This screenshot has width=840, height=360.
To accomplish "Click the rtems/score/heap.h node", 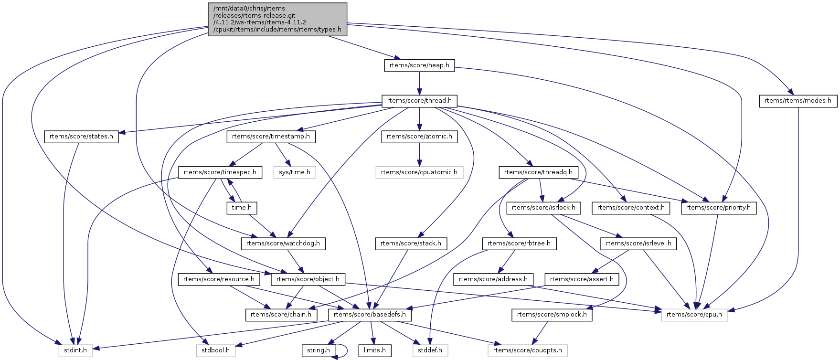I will [x=419, y=65].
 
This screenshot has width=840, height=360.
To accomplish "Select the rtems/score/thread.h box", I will [x=419, y=101].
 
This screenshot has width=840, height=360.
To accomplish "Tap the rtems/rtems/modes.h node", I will [x=797, y=101].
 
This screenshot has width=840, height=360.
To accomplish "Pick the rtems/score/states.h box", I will [x=81, y=137].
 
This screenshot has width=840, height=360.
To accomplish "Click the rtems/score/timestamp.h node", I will [x=271, y=137].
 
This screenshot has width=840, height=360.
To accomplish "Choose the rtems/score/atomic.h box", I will [x=419, y=137].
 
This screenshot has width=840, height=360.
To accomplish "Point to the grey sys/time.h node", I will [x=295, y=172].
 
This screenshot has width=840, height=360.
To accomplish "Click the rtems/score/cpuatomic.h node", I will [x=419, y=172].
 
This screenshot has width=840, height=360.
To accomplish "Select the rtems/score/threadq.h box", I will [x=538, y=172].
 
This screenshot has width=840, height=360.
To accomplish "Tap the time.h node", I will [x=242, y=208].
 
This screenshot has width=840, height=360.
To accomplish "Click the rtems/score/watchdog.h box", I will [x=283, y=244].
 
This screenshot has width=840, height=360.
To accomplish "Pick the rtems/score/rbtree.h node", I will [x=519, y=244].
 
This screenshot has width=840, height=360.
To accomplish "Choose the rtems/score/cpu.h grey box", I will [x=694, y=315].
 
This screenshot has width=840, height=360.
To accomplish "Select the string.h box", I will [x=319, y=350].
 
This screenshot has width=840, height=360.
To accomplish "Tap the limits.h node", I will [x=375, y=350].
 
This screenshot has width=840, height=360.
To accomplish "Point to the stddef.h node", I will [x=430, y=350].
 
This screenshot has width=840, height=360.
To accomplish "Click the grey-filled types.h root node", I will [x=277, y=19].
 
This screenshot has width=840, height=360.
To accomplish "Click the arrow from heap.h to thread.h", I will [x=419, y=83].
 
